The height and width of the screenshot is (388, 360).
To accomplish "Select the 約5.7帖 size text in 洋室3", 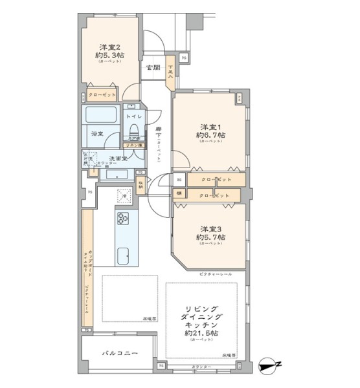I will click(211, 238).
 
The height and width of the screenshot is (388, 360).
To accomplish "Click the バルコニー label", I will click(118, 354).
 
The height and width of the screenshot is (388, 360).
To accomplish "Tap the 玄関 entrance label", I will click(153, 68).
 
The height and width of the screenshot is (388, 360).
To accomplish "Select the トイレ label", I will click(133, 116).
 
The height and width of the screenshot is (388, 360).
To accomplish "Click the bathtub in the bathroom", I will click(101, 118).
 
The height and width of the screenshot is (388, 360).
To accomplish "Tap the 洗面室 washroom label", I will click(117, 158).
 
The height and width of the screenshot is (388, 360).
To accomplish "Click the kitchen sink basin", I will click(124, 254).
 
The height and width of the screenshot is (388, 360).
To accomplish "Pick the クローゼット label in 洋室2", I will click(102, 95).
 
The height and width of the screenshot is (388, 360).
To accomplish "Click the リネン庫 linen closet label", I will click(133, 146).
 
